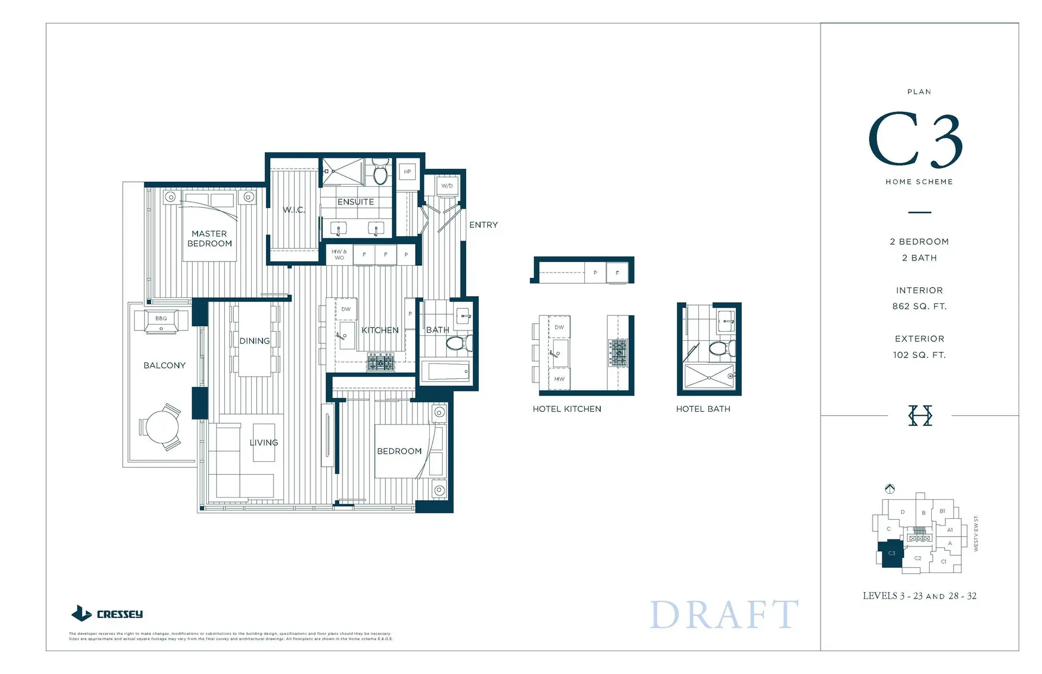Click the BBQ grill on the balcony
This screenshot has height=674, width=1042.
point(161,320)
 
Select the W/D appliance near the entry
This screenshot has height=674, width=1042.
point(447,186)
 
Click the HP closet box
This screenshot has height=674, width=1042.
point(407,171)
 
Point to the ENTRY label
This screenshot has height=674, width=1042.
point(483,225)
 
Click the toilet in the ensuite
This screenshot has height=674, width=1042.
point(380,173)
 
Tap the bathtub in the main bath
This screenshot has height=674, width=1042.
point(448,371)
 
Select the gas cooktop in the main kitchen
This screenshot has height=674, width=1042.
point(381,362)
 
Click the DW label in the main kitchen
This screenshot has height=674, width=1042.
point(346,309)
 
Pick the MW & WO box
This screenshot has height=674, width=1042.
point(339,255)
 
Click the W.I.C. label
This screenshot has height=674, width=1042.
point(294,210)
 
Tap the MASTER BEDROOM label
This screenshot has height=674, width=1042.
point(209,238)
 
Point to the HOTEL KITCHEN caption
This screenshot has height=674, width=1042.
point(567,409)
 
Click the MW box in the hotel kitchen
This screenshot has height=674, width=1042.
point(559,379)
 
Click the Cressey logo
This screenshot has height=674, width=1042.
point(107,614)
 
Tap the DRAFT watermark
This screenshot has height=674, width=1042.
point(724,614)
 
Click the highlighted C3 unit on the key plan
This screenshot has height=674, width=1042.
point(891,554)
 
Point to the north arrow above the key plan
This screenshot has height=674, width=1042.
point(889,488)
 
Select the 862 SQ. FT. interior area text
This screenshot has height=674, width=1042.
point(919,306)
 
